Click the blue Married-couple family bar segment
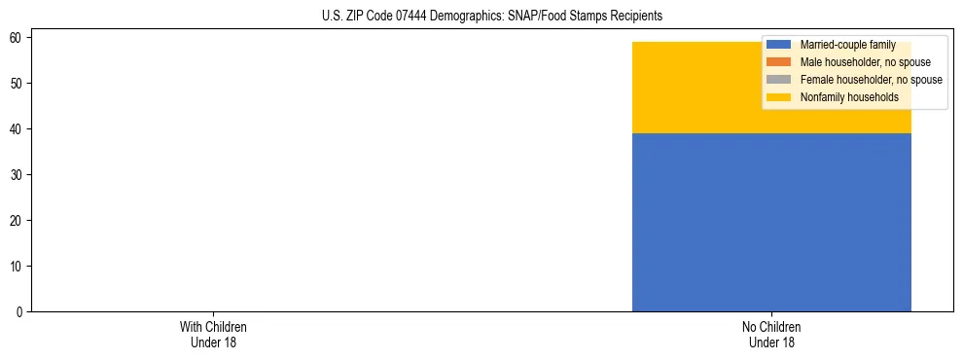click(771, 222)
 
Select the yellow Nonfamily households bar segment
click(695, 88)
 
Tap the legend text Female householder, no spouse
click(871, 80)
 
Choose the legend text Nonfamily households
click(848, 97)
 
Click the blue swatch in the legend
click(778, 45)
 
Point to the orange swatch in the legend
click(778, 62)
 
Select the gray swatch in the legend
click(778, 80)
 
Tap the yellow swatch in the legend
click(778, 97)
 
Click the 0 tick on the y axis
click(19, 312)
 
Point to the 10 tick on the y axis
click(17, 267)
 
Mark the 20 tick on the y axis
click(17, 221)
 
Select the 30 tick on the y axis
click(17, 175)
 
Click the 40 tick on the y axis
click(17, 129)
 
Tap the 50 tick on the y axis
click(17, 84)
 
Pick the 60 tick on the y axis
click(17, 38)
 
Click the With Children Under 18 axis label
click(207, 335)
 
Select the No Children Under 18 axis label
click(771, 335)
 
